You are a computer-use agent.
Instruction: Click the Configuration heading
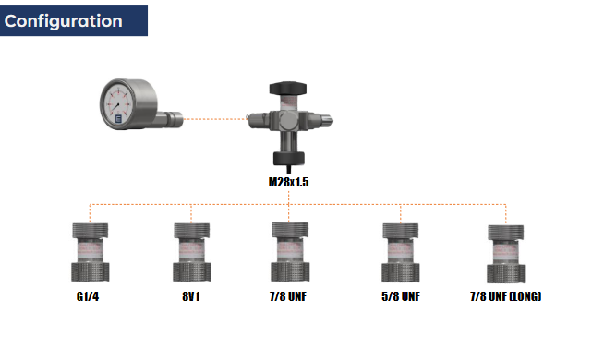[64, 21]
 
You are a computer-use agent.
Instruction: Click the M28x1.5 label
[288, 182]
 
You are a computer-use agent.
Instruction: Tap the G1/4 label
[88, 296]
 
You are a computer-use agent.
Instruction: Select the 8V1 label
[191, 296]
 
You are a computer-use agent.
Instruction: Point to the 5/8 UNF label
[401, 296]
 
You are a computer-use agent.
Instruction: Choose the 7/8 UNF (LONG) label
[506, 296]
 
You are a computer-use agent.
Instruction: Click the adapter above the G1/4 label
[91, 252]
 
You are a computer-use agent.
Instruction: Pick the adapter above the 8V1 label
[192, 252]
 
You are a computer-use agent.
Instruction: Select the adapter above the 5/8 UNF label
[401, 252]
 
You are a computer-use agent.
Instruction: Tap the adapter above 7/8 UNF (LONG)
[506, 254]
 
